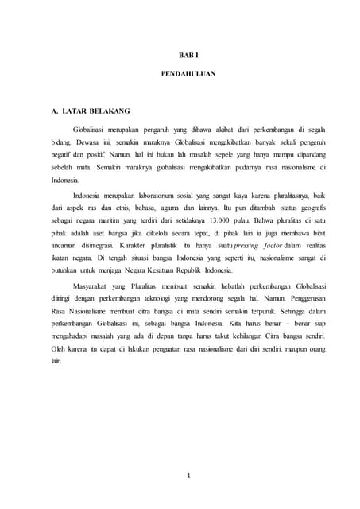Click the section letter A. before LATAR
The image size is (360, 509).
(x=55, y=112)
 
